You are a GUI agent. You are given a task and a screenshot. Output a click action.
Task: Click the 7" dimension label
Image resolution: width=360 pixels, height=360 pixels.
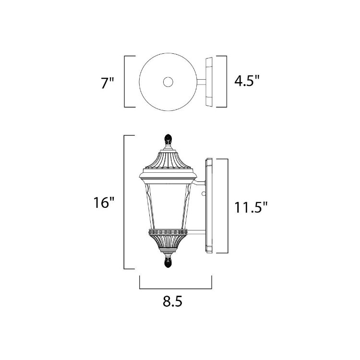coord(108,82)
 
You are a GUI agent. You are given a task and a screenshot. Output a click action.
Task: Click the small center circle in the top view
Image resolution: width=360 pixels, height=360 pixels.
coord(168,82)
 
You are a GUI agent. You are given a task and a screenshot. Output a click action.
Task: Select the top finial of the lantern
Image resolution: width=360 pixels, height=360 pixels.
coord(168,140)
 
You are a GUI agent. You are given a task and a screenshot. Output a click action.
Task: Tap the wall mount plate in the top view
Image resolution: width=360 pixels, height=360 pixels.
coord(209,82)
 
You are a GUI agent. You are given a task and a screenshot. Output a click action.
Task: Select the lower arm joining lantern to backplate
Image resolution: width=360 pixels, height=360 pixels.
coord(197,233)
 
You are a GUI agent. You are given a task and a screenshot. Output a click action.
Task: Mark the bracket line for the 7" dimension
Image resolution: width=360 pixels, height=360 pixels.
coord(125,82)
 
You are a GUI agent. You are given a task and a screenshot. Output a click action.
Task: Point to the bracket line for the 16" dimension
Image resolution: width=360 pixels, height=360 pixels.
coord(125,202)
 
